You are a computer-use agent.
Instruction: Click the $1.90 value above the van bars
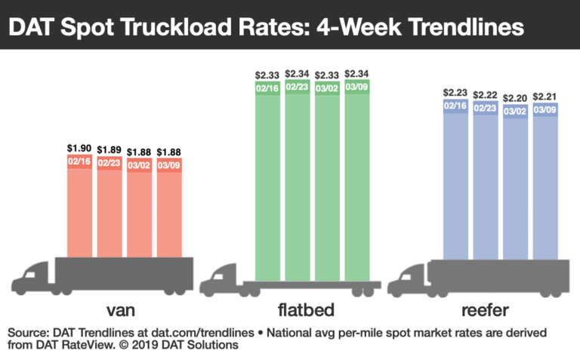point(80,148)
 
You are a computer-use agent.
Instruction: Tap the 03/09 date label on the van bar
point(169,162)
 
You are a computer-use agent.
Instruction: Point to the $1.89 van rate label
point(110,148)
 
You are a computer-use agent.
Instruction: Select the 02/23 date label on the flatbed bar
point(299,87)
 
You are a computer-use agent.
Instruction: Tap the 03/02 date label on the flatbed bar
point(329,87)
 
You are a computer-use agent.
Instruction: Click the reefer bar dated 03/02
point(515,189)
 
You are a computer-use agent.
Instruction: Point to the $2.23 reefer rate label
point(455,94)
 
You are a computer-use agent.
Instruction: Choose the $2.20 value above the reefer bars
point(515,97)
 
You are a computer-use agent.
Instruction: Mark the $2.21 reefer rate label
point(545,97)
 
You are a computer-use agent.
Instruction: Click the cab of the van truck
point(34,276)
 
